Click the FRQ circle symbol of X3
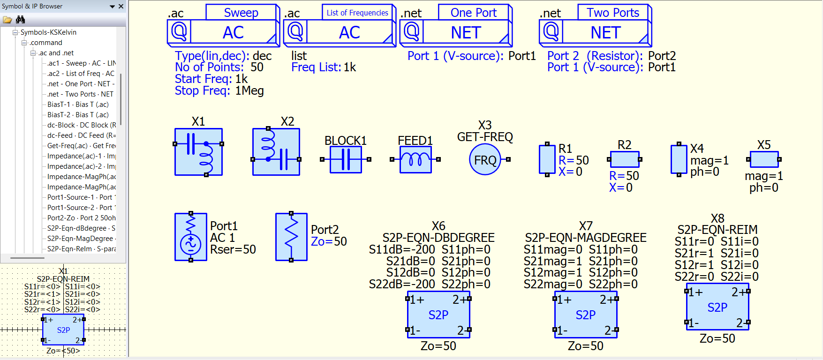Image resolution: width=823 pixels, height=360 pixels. (485, 160)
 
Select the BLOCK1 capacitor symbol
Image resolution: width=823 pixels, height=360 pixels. (346, 159)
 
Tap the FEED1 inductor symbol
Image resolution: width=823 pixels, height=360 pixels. (415, 159)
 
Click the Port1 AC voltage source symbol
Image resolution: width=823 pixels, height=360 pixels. (191, 237)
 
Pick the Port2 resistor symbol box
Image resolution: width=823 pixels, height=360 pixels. (291, 237)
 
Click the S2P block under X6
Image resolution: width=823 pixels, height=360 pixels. (438, 315)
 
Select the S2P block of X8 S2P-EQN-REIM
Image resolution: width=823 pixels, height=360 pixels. (717, 307)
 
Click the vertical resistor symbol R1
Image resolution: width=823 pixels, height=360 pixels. (547, 160)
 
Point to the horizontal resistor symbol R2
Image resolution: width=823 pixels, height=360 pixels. (624, 159)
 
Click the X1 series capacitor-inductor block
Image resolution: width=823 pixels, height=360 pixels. (198, 152)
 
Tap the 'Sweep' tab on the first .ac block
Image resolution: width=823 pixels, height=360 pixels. (241, 13)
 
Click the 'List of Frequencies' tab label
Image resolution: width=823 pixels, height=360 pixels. (357, 13)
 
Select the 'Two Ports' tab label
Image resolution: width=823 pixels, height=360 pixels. (613, 13)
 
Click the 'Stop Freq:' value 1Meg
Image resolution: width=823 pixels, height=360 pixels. (249, 90)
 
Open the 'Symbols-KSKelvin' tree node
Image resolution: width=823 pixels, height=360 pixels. (48, 32)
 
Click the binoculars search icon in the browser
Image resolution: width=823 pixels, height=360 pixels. (20, 20)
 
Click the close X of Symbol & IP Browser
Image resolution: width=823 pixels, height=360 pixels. (121, 6)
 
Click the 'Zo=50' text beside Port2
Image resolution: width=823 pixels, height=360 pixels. (329, 241)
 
